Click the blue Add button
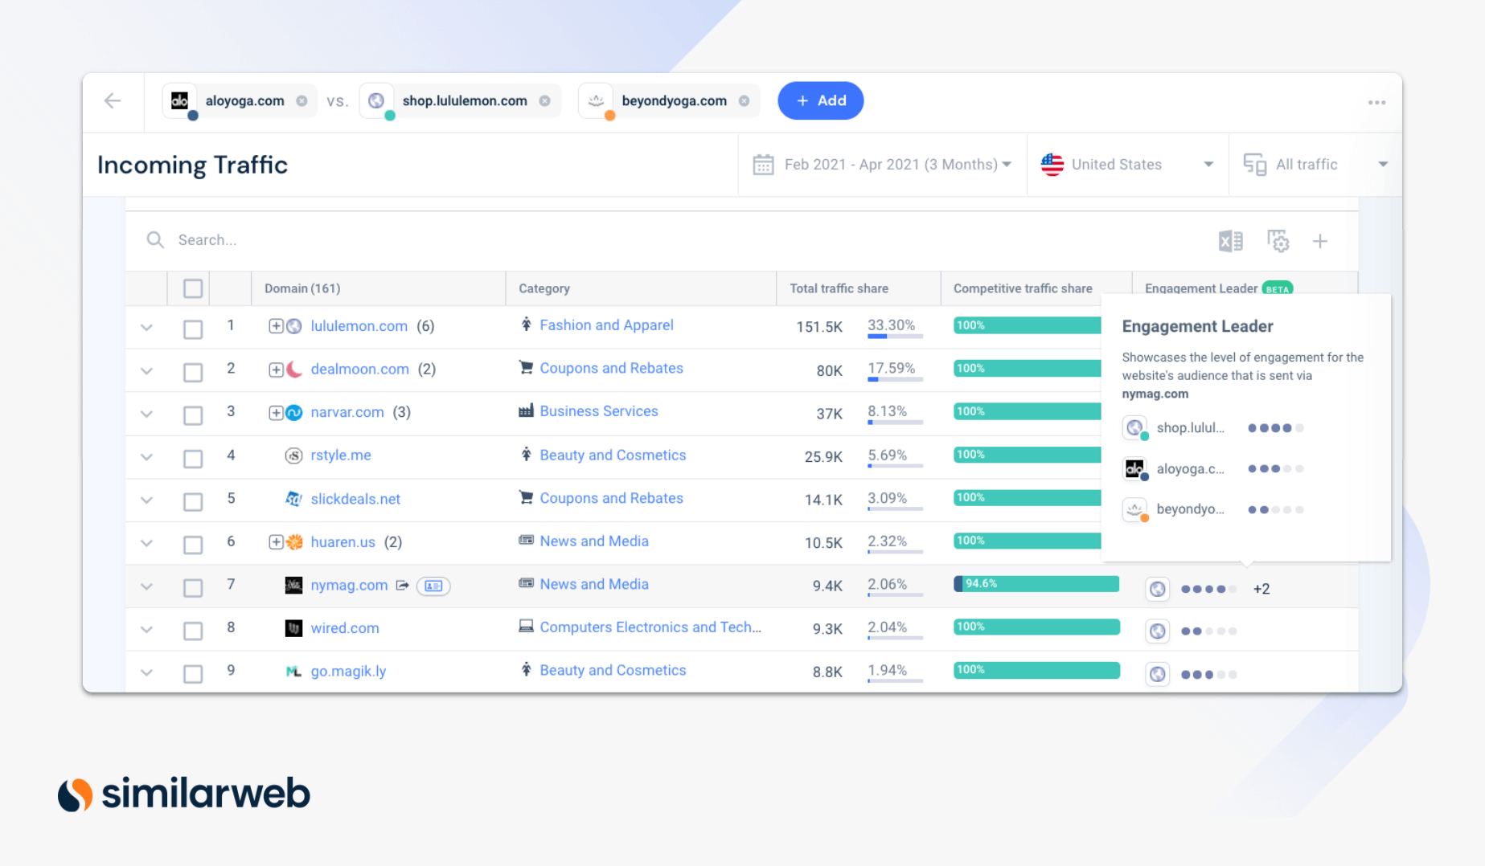[820, 100]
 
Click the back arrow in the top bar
[113, 100]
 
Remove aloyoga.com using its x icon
[302, 101]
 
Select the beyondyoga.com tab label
[673, 101]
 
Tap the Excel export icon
[1230, 241]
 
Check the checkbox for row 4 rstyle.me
[193, 458]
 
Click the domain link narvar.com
[347, 412]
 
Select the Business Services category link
[598, 411]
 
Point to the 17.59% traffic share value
[891, 368]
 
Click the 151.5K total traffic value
[818, 327]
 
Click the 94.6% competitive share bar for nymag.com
[1036, 584]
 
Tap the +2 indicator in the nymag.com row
[1261, 589]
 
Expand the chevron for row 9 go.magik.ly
[146, 672]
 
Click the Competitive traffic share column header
[1022, 288]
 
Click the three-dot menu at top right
[1376, 102]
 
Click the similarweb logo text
[206, 794]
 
